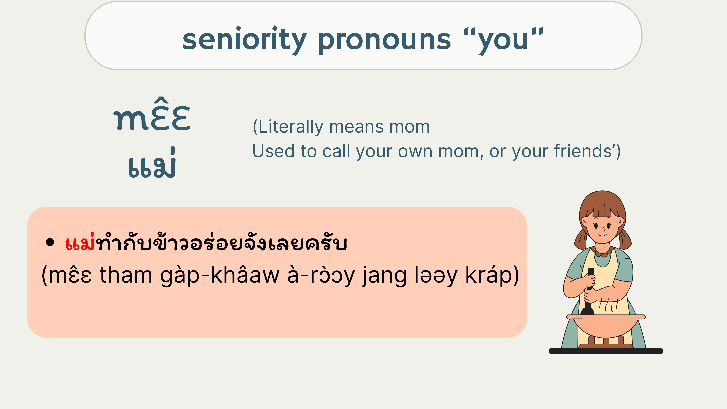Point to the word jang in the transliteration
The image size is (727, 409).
(x=384, y=277)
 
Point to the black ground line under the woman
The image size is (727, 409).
(x=606, y=351)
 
